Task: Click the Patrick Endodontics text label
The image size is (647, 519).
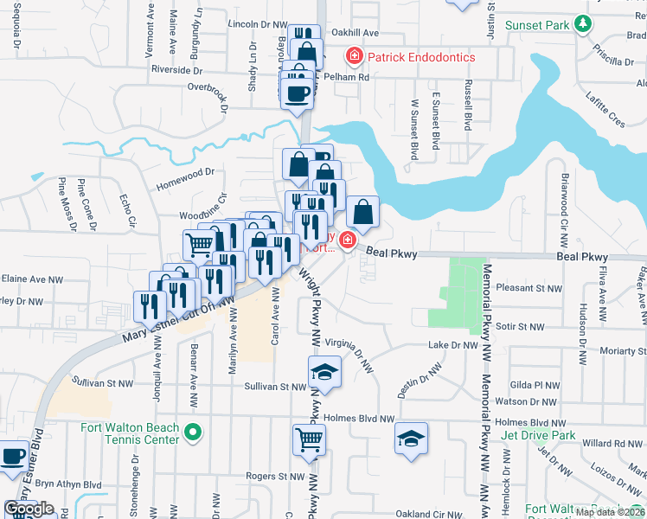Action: [421, 57]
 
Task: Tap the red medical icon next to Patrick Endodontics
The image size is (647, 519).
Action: [354, 57]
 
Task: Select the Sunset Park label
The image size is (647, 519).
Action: [538, 25]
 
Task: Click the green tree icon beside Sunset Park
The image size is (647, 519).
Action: [584, 24]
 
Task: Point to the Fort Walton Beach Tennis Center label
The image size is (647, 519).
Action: [130, 433]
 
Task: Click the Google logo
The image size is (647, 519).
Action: [29, 509]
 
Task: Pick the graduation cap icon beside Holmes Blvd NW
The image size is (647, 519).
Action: [412, 438]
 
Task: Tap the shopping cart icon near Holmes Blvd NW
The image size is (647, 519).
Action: [308, 439]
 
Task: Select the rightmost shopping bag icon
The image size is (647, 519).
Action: [363, 211]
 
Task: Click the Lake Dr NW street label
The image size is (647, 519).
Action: [453, 345]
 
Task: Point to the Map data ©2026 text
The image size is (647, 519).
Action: [609, 512]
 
